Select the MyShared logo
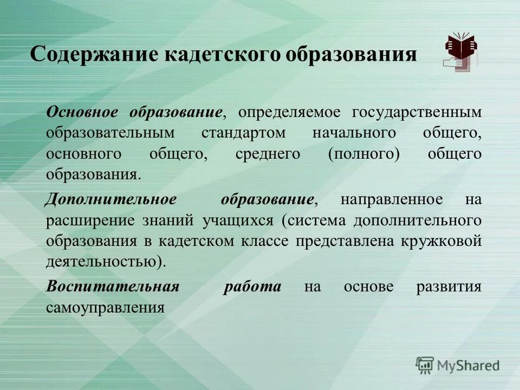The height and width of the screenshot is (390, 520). pos(458,366)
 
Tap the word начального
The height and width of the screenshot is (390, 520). pos(353,133)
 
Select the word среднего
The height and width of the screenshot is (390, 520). pos(268,154)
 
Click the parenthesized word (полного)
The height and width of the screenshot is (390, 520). pos(363,154)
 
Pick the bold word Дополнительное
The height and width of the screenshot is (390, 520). pos(111,199)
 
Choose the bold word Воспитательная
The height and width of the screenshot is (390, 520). pos(113,287)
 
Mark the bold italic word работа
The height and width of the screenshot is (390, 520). pos(252,287)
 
